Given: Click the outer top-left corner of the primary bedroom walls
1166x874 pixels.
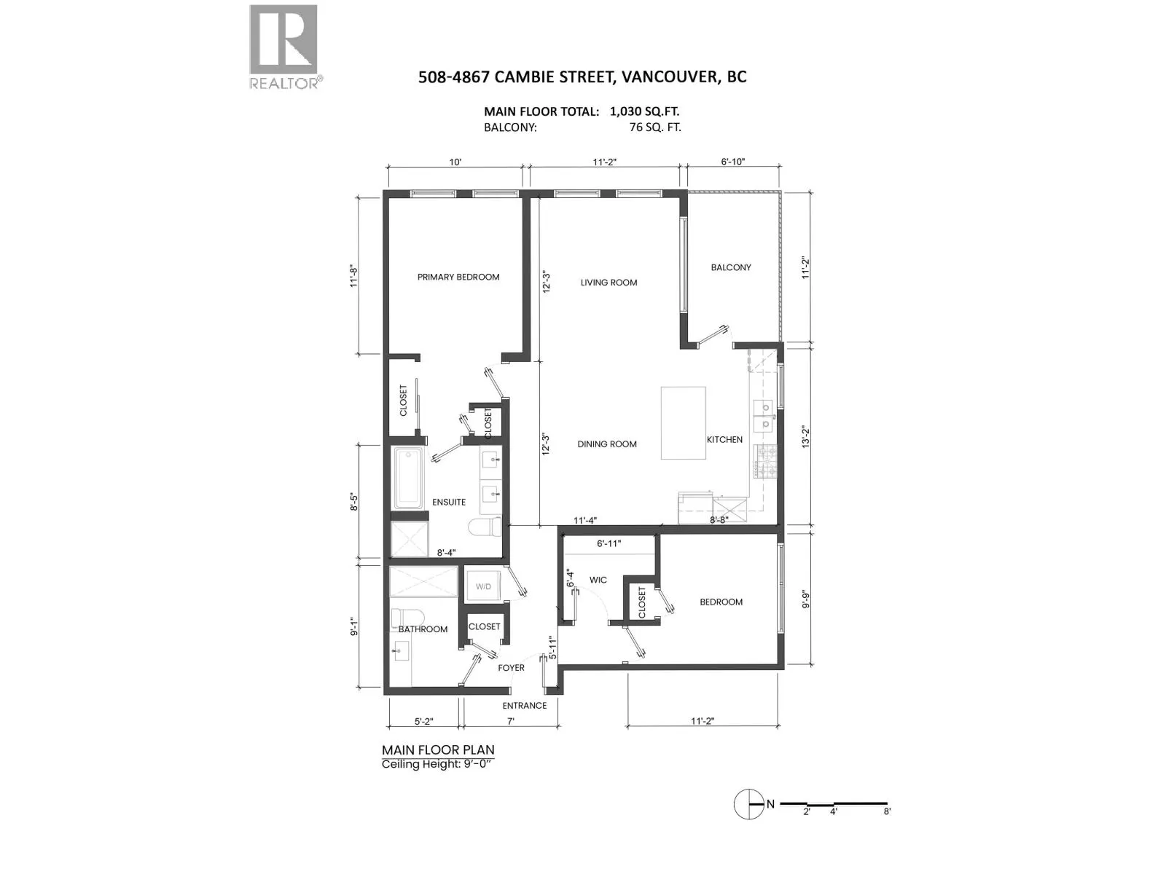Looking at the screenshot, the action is [x=383, y=191].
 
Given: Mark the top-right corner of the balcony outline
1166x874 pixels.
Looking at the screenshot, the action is [x=781, y=191].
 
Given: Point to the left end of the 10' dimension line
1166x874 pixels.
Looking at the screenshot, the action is [x=388, y=168].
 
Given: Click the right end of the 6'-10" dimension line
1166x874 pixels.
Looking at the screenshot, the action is [x=780, y=168].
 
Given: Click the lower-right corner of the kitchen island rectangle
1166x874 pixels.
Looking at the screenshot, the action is [x=706, y=459].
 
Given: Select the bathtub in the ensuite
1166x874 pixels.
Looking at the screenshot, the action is [x=408, y=478].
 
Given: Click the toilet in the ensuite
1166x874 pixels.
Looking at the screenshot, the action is [x=485, y=527].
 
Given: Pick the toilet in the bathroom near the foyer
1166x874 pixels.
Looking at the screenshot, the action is [x=407, y=618].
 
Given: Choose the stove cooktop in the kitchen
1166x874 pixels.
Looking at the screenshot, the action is [x=765, y=462].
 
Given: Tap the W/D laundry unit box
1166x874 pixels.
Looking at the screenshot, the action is [x=483, y=586].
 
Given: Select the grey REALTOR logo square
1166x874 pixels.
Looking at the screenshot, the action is [x=283, y=39].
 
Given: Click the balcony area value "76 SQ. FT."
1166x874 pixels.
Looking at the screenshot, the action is [x=655, y=127].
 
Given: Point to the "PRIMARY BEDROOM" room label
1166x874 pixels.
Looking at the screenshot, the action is [x=458, y=277].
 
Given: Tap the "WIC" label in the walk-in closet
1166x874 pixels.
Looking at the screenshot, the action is [x=598, y=580].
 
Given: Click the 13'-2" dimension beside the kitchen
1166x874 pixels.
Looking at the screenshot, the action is [x=806, y=437].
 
